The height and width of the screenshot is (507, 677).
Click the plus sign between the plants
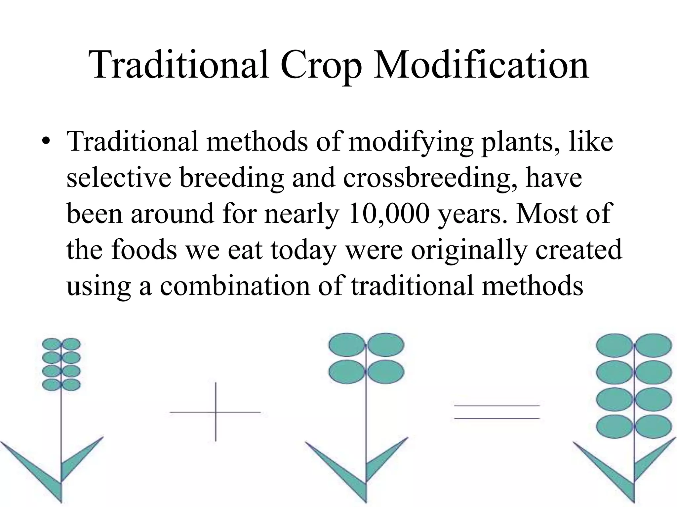(x=216, y=412)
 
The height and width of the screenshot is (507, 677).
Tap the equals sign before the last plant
(x=497, y=412)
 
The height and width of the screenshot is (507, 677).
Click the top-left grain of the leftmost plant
(x=51, y=344)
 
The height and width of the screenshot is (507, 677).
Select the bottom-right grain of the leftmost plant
(x=71, y=385)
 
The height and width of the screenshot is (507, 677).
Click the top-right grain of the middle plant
(x=385, y=345)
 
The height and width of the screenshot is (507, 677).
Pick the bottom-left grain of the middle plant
(x=346, y=372)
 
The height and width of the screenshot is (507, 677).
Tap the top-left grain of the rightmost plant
(x=614, y=345)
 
